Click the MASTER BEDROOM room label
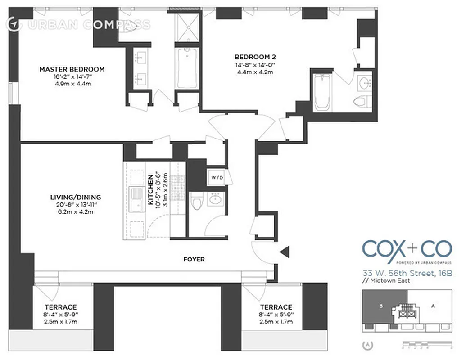click(72, 69)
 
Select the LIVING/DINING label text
click(75, 197)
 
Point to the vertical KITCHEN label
click(150, 189)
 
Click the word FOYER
click(194, 259)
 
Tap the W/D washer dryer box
click(217, 178)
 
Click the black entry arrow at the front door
click(285, 253)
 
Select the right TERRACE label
click(276, 307)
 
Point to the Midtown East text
click(391, 281)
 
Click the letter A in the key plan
click(433, 306)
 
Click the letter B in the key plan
click(381, 306)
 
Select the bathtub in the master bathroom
click(186, 68)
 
